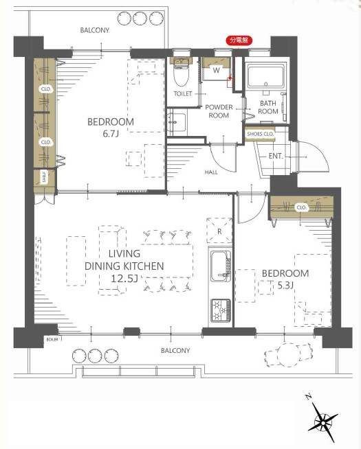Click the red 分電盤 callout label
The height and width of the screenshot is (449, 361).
tap(239, 41)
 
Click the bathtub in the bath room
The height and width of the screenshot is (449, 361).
tap(266, 77)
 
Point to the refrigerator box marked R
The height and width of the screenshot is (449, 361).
tap(219, 231)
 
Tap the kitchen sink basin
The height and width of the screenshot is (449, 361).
tap(220, 266)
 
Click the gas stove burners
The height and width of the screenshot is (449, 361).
tap(221, 310)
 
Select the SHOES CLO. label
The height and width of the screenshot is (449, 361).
tap(261, 134)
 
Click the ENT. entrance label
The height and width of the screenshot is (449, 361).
tap(276, 157)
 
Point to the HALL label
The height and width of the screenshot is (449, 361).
tap(211, 172)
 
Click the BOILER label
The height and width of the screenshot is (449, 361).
tap(52, 339)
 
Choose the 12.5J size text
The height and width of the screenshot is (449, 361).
tap(124, 278)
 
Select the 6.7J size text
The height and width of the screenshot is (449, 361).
tap(111, 134)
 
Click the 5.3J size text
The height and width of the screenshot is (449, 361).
tap(285, 285)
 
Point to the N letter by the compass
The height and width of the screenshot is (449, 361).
tap(308, 397)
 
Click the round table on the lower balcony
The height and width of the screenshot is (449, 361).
tap(287, 354)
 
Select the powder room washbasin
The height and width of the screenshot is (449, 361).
tap(176, 123)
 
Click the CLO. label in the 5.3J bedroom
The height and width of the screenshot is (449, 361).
tap(302, 207)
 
